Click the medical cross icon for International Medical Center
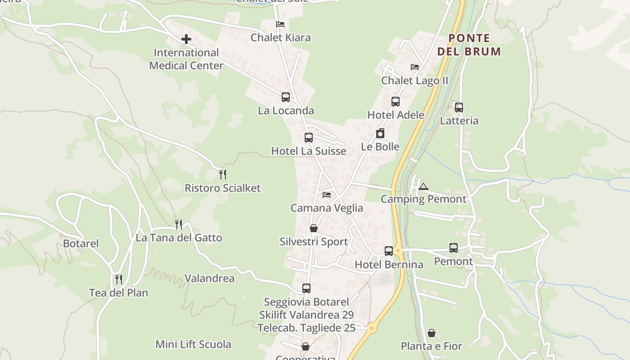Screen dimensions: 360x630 [x=186, y=40]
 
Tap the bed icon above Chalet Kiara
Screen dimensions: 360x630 [x=280, y=24]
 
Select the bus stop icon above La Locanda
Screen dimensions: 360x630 [x=286, y=97]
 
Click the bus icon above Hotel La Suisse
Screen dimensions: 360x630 [x=309, y=138]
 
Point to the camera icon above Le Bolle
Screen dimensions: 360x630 [x=380, y=133]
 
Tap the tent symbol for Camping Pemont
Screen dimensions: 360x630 [x=423, y=186]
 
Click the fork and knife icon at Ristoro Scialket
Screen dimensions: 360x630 [x=223, y=175]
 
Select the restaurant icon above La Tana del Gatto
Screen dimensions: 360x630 [x=179, y=224]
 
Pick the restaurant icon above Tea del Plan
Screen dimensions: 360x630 [x=119, y=279]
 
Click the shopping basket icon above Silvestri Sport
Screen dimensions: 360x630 [x=314, y=229]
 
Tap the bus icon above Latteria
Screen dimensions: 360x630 [x=459, y=108]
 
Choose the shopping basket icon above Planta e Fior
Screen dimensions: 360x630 [x=432, y=333]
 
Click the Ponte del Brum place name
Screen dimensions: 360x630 [x=469, y=45]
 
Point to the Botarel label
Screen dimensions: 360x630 [x=81, y=244]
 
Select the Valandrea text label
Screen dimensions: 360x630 [x=210, y=279]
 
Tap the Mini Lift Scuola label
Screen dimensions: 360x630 [x=193, y=345]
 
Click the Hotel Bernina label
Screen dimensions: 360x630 [x=389, y=265]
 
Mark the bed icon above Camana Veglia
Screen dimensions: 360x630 [x=327, y=195]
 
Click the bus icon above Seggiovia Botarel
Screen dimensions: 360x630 [x=306, y=288]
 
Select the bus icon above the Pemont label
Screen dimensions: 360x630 [x=454, y=248]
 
